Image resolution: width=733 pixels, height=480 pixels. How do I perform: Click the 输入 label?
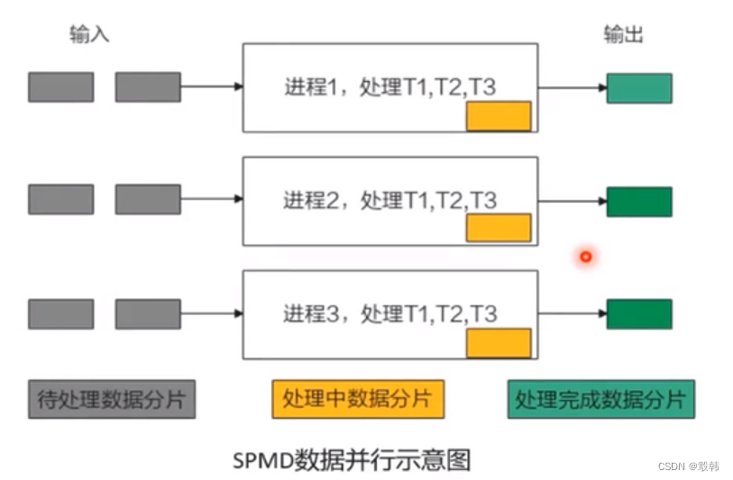pos(89,35)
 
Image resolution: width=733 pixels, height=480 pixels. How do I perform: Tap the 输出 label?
pos(623,35)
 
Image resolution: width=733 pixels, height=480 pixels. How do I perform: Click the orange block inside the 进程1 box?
pos(498,116)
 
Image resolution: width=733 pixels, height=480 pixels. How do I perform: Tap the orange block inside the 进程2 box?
pos(498,228)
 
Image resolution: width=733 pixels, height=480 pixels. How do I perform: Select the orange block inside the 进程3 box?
pos(498,343)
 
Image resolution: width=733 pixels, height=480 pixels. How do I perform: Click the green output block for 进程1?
pos(638,87)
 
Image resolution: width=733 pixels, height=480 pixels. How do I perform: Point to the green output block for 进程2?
pos(638,202)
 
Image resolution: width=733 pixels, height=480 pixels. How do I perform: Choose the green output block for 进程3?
pos(638,313)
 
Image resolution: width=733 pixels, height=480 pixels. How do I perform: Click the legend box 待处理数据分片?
pos(111,399)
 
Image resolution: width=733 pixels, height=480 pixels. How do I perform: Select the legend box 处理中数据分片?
pos(357,399)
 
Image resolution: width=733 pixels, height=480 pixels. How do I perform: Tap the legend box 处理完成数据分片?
pos(600,399)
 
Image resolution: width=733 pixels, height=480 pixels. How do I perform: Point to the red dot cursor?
pos(585,258)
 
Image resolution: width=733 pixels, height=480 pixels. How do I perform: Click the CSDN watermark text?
pos(689,466)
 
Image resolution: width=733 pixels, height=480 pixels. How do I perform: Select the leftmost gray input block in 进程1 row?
pos(60,87)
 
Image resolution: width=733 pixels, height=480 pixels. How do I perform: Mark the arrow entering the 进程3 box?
pos(212,313)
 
